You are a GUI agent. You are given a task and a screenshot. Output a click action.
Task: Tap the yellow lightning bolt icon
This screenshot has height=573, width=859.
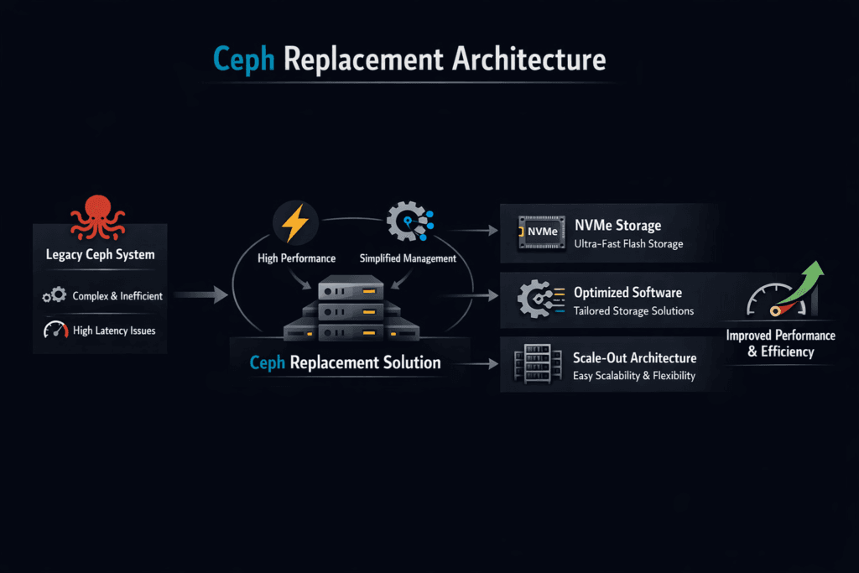(294, 225)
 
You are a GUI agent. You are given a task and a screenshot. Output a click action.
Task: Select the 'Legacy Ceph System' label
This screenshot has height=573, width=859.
(100, 254)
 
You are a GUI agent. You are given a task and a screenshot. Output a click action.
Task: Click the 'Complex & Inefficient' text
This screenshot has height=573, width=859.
(117, 295)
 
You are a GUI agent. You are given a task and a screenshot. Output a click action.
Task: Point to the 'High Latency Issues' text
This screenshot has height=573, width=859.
(114, 331)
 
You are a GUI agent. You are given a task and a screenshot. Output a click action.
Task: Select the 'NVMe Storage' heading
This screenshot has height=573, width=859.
(617, 225)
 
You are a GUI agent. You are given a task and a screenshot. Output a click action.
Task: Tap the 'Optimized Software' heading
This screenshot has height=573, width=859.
(627, 293)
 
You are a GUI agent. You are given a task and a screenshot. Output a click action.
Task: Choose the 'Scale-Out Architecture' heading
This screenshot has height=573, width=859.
(634, 357)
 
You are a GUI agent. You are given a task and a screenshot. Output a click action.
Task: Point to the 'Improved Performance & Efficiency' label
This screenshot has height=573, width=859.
(780, 343)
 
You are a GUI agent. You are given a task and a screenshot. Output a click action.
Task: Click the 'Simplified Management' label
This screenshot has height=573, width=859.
(408, 258)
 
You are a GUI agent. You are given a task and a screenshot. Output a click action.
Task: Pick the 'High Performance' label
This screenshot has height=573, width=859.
(296, 258)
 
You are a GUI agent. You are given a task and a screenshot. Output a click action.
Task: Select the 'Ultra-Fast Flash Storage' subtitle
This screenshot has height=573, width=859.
(628, 244)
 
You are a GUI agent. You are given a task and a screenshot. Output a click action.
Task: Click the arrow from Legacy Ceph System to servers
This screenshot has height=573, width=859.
(200, 294)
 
